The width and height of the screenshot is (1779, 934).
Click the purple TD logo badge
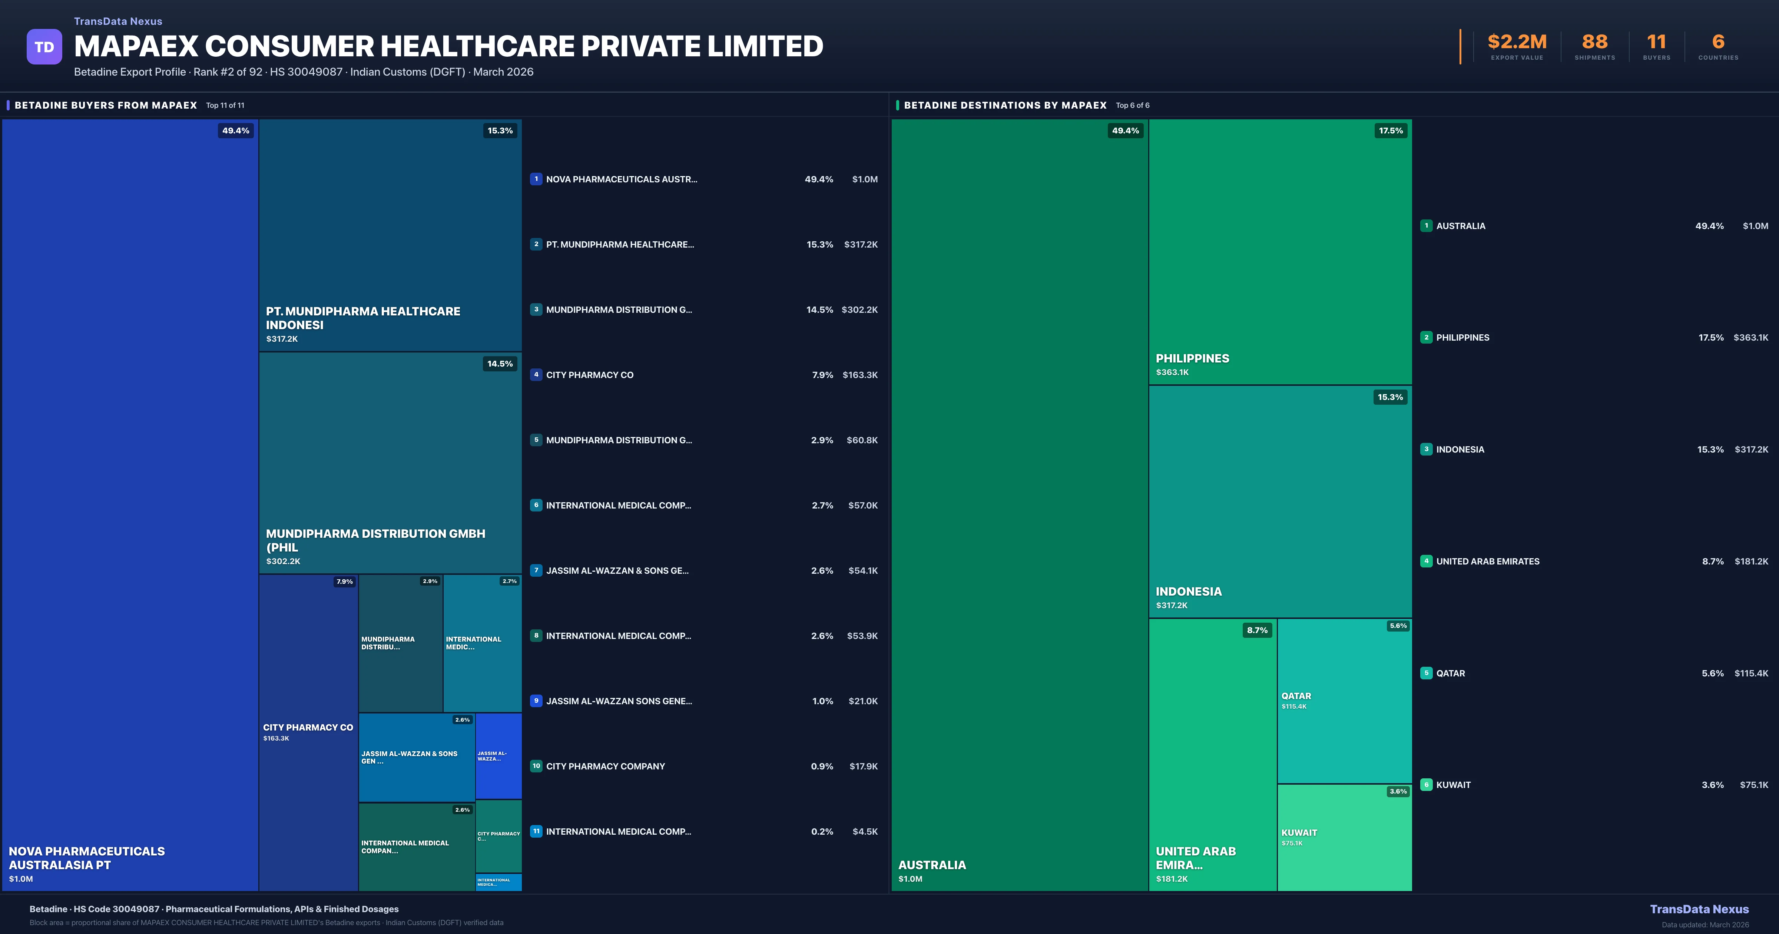44,47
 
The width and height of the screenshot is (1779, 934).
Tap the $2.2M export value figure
1517,42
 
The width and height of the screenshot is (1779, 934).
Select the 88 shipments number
1594,42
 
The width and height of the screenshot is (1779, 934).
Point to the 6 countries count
1718,42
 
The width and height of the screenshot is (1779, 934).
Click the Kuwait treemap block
1344,837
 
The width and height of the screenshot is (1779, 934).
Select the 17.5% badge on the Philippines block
1390,130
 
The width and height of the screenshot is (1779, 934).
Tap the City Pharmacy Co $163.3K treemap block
308,732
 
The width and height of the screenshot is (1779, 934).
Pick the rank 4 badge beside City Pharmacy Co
536,374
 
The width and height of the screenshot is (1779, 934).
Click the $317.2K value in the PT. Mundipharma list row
861,245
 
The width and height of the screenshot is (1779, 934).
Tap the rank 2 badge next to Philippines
1426,337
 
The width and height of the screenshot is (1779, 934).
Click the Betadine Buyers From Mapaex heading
106,105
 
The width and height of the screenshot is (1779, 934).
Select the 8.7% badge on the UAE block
1257,630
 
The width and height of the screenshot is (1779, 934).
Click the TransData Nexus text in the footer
1699,909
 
